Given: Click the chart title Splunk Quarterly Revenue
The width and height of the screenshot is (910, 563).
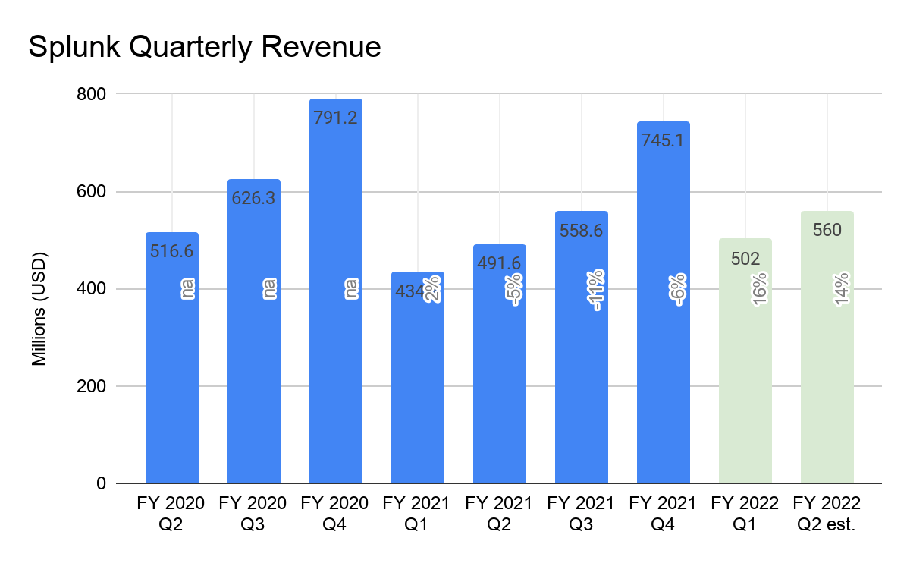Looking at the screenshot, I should pos(204,47).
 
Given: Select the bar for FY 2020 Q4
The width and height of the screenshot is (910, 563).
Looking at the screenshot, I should pos(335,341).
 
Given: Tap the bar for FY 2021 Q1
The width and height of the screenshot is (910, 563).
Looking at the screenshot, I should pos(417,395).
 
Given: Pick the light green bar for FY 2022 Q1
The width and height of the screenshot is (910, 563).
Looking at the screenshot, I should pos(745,379).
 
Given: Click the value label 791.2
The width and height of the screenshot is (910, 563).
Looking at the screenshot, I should pos(335,118).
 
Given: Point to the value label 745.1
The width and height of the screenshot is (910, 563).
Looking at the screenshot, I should pos(663,140).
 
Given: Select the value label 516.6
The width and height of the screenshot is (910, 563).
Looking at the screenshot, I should pos(172,251).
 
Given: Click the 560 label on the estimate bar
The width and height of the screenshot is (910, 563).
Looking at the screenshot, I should pos(827,230).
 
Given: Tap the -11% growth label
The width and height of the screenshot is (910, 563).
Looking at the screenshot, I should pos(596,290).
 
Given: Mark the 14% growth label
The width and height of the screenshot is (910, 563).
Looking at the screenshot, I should pos(842,289).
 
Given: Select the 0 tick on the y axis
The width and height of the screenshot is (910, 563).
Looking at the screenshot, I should pos(100,483).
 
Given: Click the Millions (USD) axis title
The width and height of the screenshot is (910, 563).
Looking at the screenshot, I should pos(39,308).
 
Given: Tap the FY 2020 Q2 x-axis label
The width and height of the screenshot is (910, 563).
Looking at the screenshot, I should pos(171,514).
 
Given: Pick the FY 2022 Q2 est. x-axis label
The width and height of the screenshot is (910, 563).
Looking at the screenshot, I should pos(827,514).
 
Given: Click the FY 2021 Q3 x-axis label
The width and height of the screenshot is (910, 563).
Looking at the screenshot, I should pos(581,514).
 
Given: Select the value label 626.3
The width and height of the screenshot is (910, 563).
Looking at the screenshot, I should pos(254,198).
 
